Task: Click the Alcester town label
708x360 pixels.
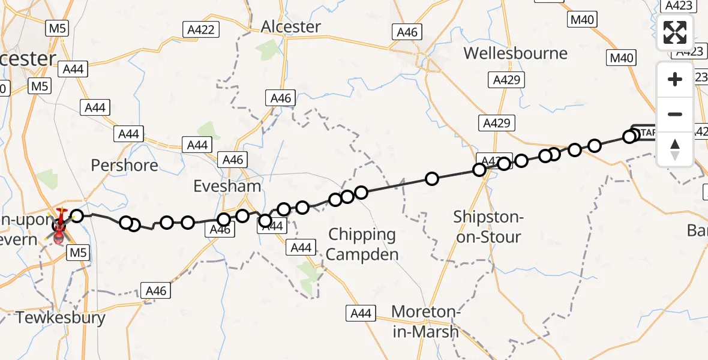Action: tap(291, 27)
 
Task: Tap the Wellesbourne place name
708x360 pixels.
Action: tap(515, 53)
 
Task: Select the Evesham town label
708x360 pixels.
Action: tap(227, 186)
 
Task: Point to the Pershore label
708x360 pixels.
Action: tap(125, 165)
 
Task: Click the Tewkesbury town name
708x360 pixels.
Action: tap(61, 317)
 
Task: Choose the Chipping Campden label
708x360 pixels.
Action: tap(362, 244)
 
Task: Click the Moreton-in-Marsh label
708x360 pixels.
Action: tap(425, 322)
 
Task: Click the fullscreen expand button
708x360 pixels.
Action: tap(675, 32)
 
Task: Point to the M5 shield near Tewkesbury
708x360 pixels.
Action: tap(79, 253)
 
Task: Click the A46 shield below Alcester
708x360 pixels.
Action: tap(281, 98)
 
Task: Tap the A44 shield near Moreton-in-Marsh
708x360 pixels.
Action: tap(361, 313)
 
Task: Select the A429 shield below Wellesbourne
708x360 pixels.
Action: tap(508, 80)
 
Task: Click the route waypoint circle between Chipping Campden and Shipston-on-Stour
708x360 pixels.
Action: tap(431, 178)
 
